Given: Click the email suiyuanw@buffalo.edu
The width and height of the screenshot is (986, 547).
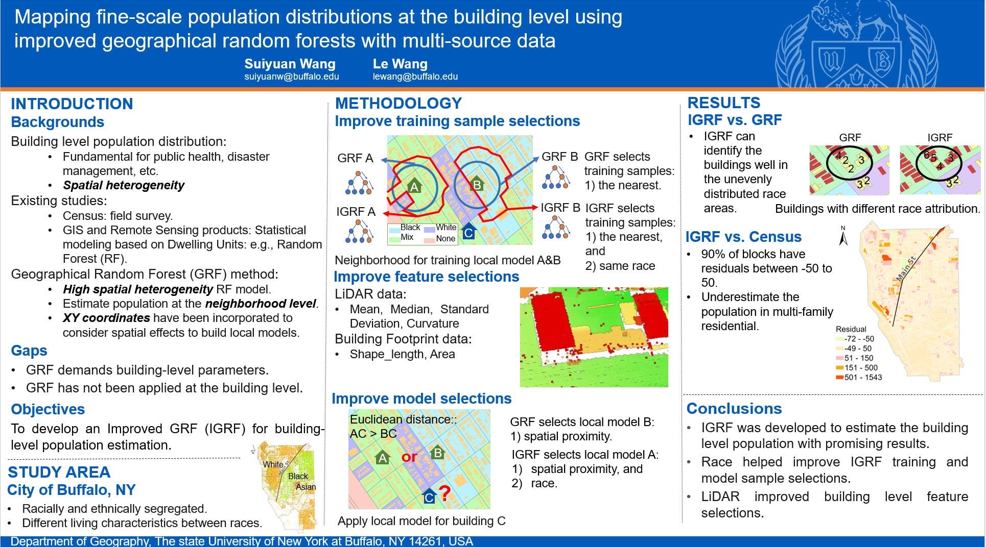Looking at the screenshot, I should point(291,77).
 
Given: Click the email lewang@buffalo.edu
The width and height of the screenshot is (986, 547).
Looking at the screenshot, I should point(415,77).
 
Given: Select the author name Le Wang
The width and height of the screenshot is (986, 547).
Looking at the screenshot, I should point(400,64).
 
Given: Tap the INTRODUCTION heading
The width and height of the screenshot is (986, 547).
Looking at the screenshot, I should point(72,104).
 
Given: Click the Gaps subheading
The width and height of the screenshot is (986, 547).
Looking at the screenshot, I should point(29,351).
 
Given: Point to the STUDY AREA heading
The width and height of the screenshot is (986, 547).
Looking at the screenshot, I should point(59,472).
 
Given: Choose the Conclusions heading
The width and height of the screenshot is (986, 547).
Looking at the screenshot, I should point(734,408).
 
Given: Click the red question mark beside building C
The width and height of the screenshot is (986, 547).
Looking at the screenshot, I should point(444,493).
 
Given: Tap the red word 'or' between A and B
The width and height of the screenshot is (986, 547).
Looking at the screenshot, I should point(409,457).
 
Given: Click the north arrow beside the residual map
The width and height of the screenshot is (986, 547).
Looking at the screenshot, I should point(843,236).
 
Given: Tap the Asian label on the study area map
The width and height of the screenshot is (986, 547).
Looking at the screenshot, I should point(306,487).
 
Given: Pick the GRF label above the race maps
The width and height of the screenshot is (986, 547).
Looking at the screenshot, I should point(850,138).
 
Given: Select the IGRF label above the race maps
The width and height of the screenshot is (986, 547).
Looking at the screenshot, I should point(940,138).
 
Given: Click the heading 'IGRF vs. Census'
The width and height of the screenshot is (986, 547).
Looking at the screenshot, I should point(743,237).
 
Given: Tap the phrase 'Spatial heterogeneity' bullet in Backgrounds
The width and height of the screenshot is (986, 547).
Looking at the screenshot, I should point(124,185).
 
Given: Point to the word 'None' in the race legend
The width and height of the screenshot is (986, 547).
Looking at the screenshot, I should point(445,238).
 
